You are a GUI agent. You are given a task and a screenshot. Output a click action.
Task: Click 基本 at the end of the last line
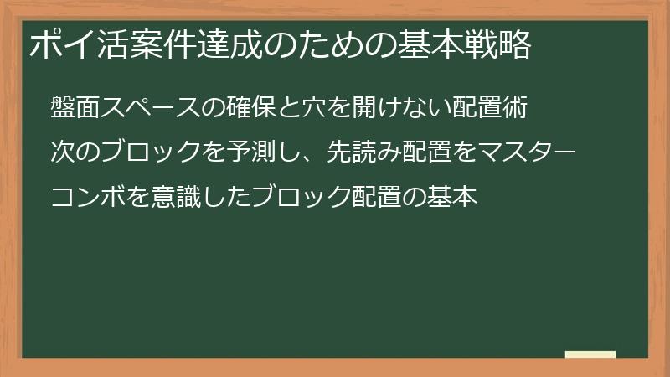[x=453, y=197]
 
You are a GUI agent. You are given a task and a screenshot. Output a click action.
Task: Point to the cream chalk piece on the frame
[x=590, y=354]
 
